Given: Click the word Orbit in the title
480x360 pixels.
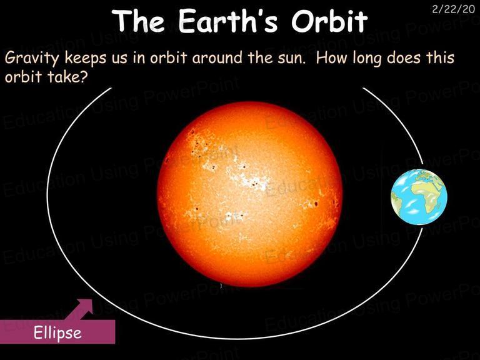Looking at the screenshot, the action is [329, 21].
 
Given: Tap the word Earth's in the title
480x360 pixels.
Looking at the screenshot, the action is [228, 21].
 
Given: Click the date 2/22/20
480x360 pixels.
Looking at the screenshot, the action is [453, 9].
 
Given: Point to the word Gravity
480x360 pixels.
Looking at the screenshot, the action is [31, 58].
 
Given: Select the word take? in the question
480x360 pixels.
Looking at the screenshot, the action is [67, 76].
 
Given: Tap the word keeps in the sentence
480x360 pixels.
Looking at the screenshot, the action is [86, 58].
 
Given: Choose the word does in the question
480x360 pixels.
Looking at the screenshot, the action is [404, 57].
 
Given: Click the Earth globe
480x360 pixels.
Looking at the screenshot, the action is [419, 197].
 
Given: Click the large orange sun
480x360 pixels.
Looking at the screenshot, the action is [249, 194].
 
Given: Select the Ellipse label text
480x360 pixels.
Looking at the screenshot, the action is [57, 332].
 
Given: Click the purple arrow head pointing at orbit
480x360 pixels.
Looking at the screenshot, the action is [86, 306].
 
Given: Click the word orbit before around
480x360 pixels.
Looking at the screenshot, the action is [159, 57].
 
